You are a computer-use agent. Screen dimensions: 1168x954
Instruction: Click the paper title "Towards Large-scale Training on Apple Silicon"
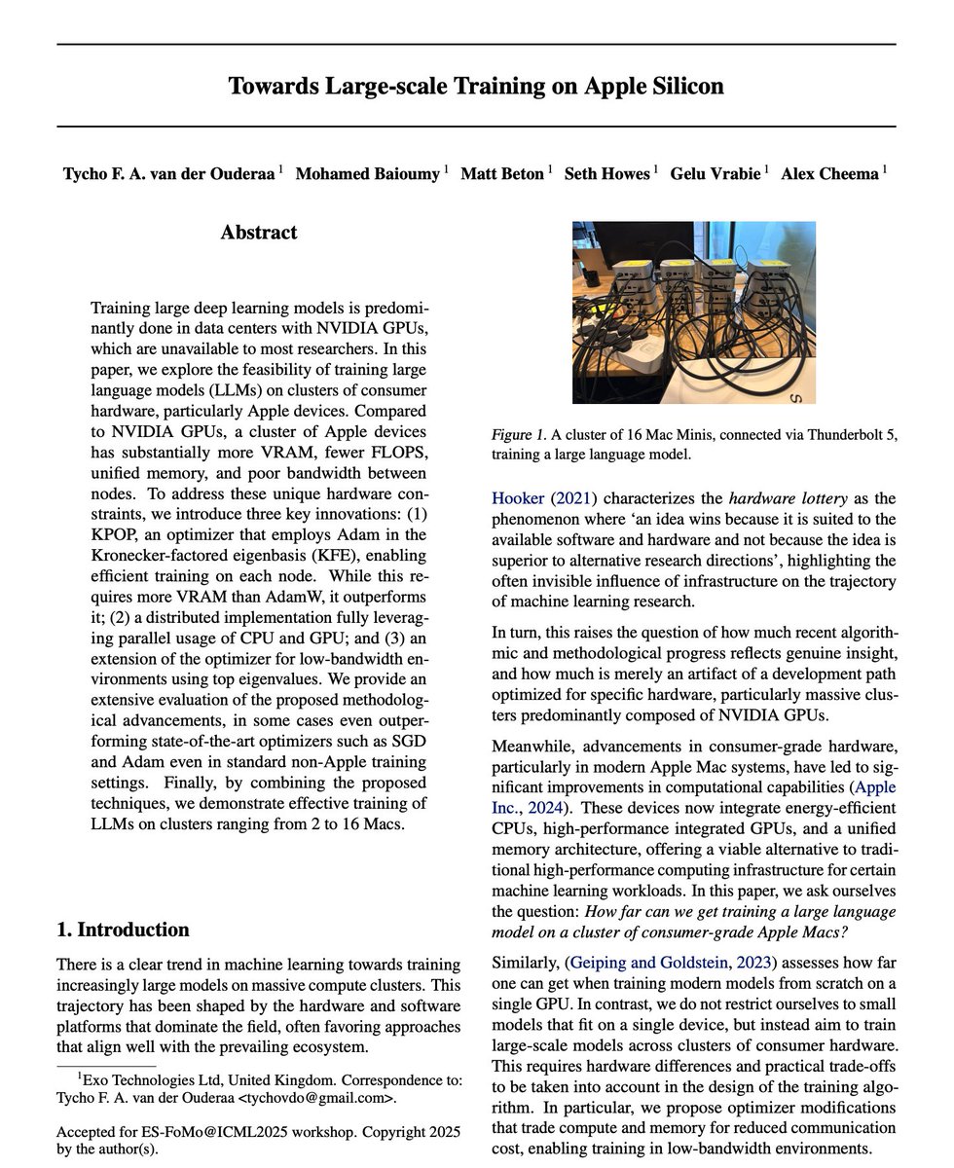click(476, 86)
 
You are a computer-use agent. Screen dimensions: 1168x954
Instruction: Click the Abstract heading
click(259, 233)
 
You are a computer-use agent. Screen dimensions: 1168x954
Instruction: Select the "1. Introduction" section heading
click(123, 929)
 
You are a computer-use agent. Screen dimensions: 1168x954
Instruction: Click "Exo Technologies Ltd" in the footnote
click(149, 1080)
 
